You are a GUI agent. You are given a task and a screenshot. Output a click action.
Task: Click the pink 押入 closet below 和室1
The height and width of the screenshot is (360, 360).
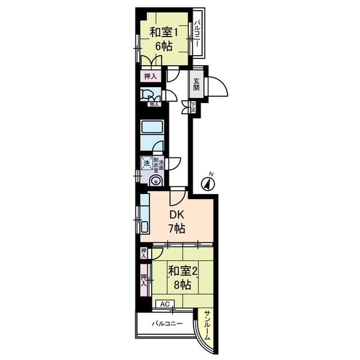150,76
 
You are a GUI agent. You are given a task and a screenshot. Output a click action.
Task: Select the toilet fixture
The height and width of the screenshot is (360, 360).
147,95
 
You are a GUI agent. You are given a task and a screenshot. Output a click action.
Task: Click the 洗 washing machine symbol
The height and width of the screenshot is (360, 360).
147,163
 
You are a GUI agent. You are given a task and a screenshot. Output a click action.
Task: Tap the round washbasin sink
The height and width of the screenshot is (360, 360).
155,181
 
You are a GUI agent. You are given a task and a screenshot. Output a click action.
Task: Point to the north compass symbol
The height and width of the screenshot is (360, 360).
209,183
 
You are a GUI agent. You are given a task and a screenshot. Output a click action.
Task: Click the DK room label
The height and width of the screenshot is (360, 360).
177,214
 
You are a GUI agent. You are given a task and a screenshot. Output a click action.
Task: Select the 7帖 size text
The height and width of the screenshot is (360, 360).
177,228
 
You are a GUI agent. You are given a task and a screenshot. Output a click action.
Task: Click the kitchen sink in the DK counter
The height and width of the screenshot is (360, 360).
143,228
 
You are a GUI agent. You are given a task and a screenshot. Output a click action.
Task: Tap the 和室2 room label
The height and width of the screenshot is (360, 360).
182,271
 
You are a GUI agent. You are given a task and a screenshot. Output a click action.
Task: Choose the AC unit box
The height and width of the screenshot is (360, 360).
165,304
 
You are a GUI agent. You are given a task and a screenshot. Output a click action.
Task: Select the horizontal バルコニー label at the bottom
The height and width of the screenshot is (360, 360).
166,324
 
